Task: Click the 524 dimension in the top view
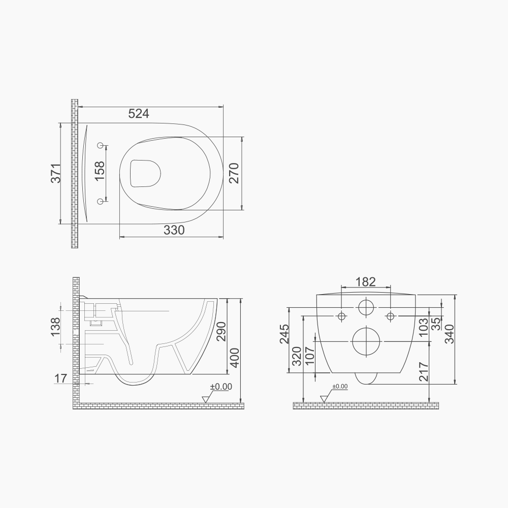point(138,114)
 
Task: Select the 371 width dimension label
point(56,173)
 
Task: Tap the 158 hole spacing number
point(100,171)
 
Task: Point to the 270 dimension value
point(233,173)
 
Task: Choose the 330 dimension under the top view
point(174,230)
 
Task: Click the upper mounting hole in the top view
point(101,146)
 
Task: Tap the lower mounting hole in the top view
point(101,202)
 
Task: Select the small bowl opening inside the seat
point(145,173)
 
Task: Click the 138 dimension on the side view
point(56,328)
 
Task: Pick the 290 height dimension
point(220,332)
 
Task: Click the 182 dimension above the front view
point(365,281)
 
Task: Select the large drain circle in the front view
point(366,341)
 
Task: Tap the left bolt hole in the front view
point(341,316)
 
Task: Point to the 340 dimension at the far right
point(449,334)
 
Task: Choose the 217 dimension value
point(424,372)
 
